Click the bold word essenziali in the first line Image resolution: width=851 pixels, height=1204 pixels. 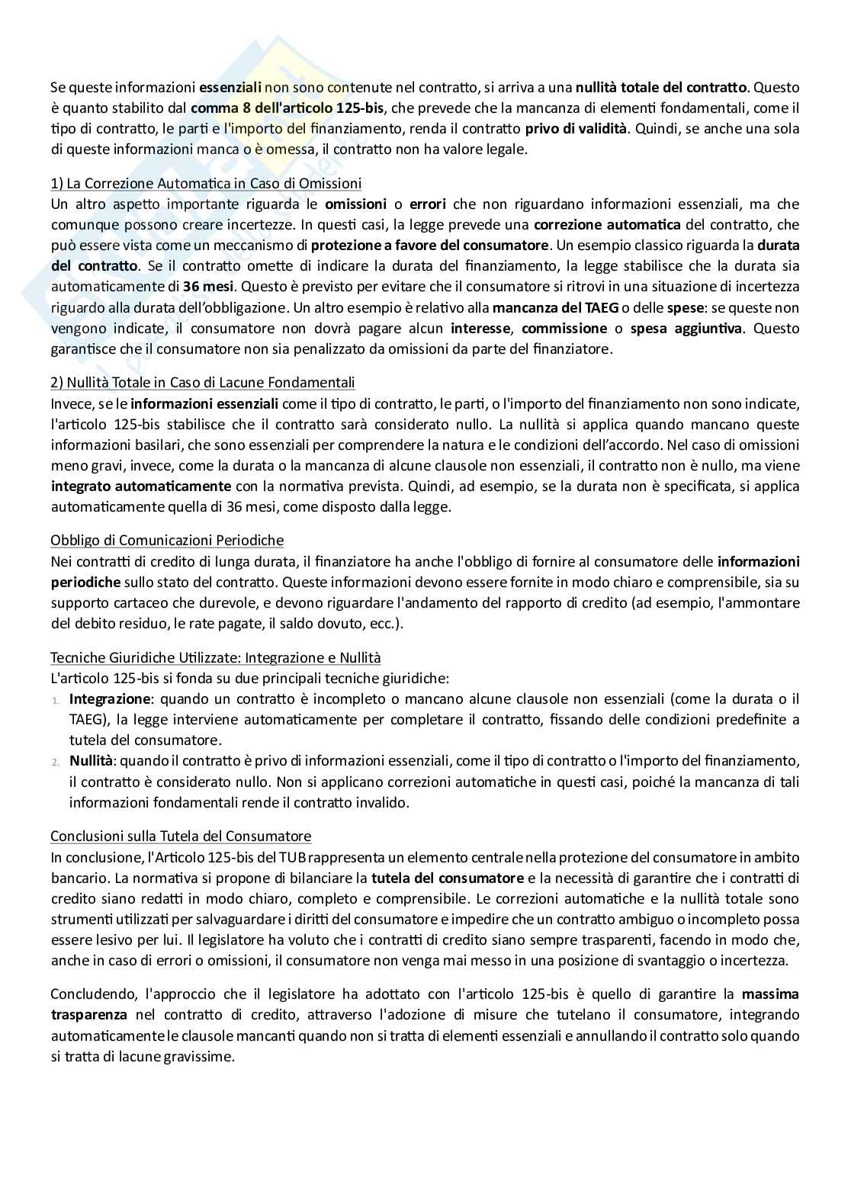pos(230,87)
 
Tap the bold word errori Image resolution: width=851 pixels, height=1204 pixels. pos(428,204)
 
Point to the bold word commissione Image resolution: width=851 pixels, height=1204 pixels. pos(564,329)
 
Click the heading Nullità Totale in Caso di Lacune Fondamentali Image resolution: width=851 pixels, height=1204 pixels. pos(203,382)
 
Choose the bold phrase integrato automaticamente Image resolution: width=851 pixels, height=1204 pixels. pos(141,486)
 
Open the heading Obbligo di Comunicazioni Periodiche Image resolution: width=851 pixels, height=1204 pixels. pos(167,540)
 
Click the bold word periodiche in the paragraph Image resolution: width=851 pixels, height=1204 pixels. pos(85,582)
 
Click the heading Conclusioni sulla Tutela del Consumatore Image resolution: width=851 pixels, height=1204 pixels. pos(181,836)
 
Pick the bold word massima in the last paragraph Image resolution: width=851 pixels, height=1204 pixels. pos(770,994)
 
